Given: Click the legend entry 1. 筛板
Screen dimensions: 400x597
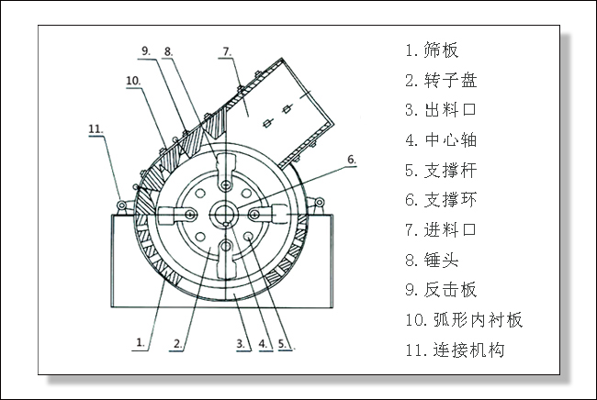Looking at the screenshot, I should pos(431,50).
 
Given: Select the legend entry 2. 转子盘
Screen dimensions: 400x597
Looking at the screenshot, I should pos(440,80).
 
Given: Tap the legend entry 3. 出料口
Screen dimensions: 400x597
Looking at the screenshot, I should pos(440,110).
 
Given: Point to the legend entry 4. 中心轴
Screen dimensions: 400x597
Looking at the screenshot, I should pos(440,140).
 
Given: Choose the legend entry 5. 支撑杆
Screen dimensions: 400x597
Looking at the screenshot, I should pos(440,170).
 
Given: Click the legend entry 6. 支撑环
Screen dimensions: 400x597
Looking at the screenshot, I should pos(440,200).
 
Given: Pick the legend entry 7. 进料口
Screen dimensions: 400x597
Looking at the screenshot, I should pos(440,230).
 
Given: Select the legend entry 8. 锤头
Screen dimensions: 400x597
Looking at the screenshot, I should pos(431,261).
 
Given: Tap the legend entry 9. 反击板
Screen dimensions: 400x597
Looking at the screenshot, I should pos(440,290).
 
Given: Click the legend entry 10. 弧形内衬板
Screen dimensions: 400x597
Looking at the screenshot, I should pos(463,320).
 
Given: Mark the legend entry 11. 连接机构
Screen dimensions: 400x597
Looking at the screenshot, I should pos(454,350).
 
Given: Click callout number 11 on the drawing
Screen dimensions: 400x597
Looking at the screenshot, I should pos(96,128).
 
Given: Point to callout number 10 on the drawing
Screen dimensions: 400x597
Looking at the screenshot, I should pos(132,81).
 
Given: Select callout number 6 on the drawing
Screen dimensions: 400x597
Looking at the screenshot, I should pos(351,160).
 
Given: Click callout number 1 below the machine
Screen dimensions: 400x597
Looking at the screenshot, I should pos(140,342).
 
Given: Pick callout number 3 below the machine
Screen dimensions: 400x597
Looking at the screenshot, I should pos(240,344).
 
